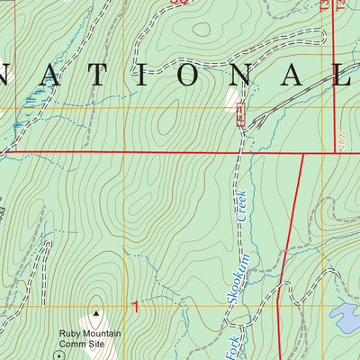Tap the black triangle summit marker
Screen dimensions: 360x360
point(95,315)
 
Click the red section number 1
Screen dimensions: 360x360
point(136,308)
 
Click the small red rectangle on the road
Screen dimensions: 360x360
point(239,113)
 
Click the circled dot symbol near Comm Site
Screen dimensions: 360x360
point(60,355)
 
